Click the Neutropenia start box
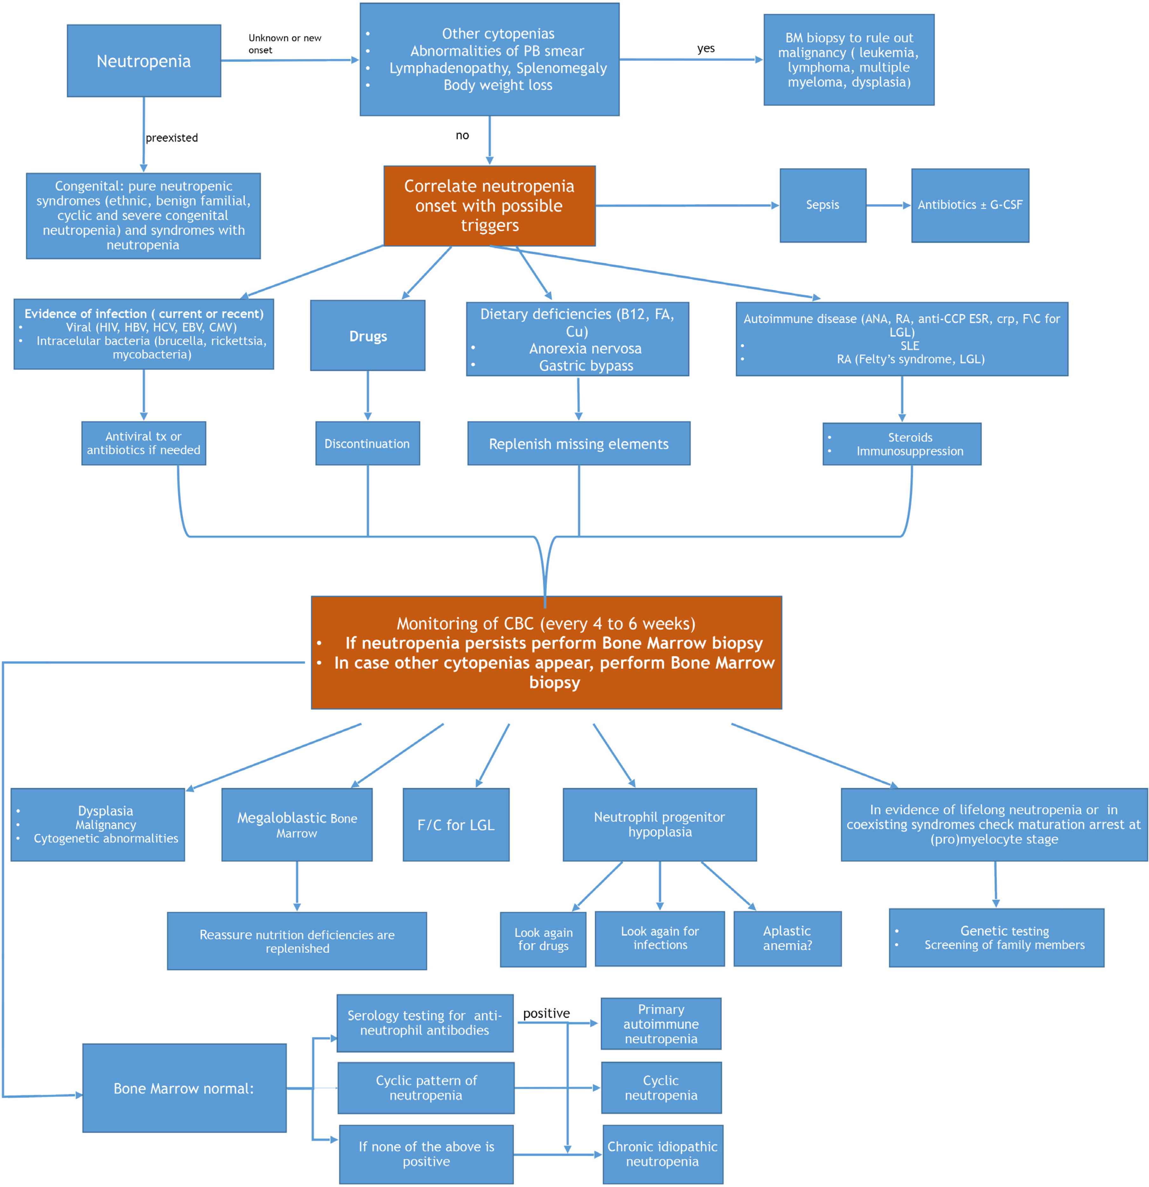pos(144,61)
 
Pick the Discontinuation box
pos(367,443)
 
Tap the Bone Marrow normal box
pos(184,1088)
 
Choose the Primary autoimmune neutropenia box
pos(660,1024)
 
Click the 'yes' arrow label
pos(705,48)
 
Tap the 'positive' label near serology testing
pos(546,1013)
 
